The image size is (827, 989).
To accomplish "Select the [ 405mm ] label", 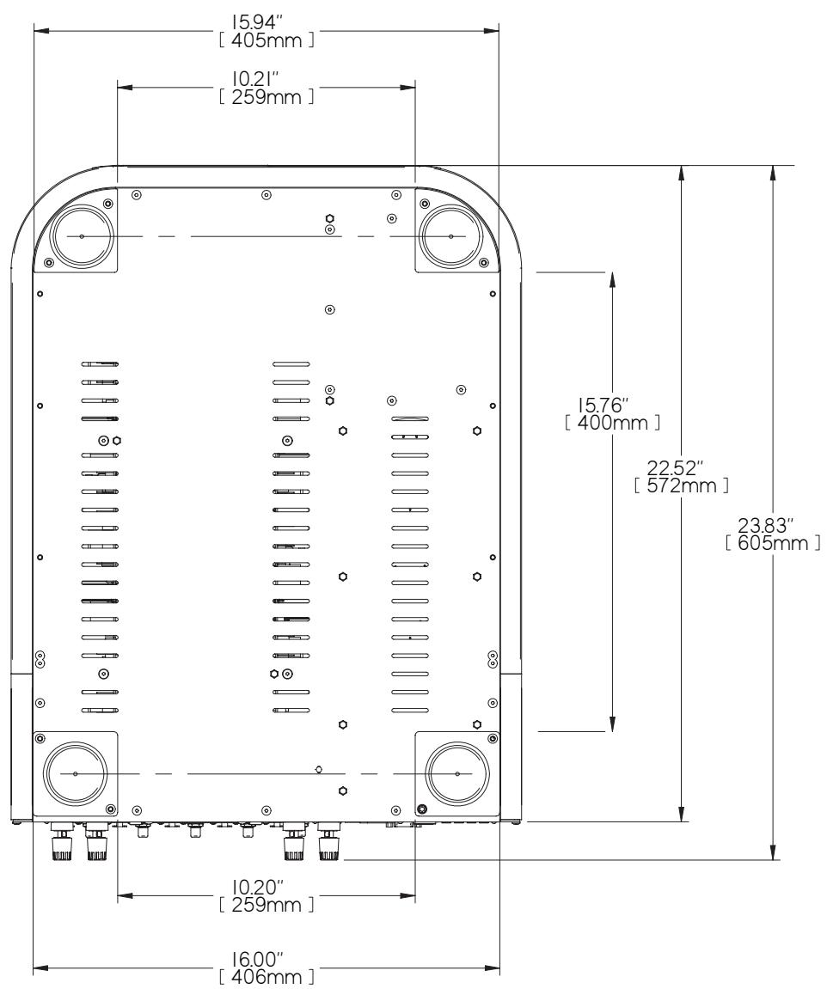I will coord(266,41).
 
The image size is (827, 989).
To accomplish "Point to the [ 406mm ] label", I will coord(266,979).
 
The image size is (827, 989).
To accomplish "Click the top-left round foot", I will coord(81,235).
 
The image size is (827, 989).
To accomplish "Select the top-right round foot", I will coord(450,235).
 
